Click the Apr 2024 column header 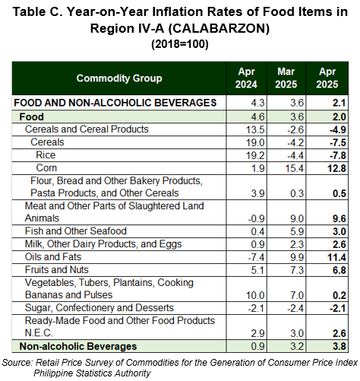point(246,78)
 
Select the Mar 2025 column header point(286,78)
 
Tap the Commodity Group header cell point(119,78)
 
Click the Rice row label point(46,155)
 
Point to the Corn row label point(46,168)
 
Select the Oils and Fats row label point(53,257)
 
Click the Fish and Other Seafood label point(76,231)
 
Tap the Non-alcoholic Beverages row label point(78,346)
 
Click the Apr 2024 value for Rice point(255,155)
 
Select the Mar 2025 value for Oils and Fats point(297,257)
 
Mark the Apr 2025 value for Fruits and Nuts point(339,270)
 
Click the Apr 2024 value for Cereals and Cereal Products point(255,130)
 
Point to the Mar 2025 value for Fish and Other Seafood point(297,232)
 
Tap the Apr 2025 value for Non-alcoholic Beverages point(339,347)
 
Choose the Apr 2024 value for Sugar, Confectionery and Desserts point(256,309)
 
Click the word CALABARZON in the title point(219,28)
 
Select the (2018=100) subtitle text point(180,44)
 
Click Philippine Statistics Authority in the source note point(92,373)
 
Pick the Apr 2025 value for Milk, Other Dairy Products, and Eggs point(339,245)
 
